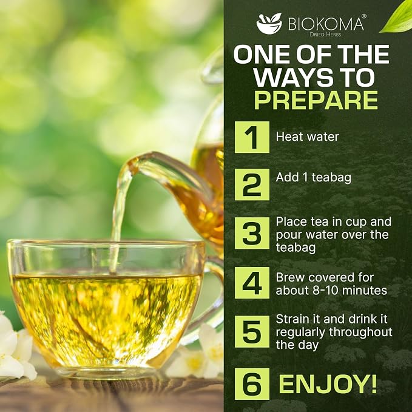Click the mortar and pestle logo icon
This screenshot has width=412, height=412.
click(x=269, y=23)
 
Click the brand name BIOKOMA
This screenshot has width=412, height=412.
click(x=326, y=24)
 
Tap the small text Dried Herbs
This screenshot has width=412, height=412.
click(x=325, y=35)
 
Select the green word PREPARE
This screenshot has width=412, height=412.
click(x=316, y=100)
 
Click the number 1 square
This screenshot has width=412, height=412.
click(x=252, y=137)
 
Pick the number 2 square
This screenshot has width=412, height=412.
click(x=252, y=184)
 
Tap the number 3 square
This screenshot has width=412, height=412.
click(x=252, y=233)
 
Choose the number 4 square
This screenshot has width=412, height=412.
click(x=252, y=283)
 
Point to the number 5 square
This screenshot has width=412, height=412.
click(x=252, y=331)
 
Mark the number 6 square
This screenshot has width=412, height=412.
click(x=252, y=384)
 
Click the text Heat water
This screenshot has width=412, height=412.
click(x=307, y=137)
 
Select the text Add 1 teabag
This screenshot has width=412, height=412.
click(x=314, y=178)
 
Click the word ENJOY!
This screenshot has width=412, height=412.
click(x=328, y=384)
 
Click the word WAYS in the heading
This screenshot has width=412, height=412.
click(x=289, y=77)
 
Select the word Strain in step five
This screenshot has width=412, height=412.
click(x=292, y=319)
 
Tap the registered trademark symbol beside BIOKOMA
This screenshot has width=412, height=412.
click(x=363, y=16)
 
